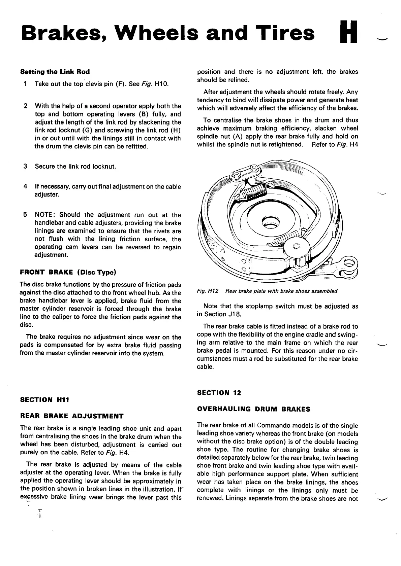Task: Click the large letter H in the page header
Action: tap(348, 32)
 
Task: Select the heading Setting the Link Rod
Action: tap(55, 72)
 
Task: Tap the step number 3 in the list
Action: tap(25, 166)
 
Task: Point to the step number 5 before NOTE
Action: tap(25, 215)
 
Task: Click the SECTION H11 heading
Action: tap(44, 400)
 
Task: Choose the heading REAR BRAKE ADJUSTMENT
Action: tap(72, 416)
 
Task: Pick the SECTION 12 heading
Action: tap(219, 393)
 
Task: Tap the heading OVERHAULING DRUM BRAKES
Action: tap(253, 409)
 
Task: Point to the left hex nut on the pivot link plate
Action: tap(236, 175)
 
